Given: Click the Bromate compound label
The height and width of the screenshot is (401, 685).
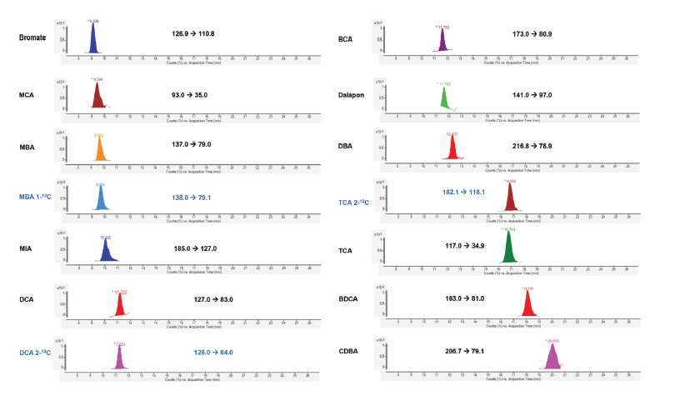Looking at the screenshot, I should (x=34, y=38).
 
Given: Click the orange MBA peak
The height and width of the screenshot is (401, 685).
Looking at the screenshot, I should (x=100, y=150).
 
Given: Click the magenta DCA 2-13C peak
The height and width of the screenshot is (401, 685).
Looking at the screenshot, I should (x=119, y=358).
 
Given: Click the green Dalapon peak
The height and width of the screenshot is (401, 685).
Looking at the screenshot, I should (x=444, y=98).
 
